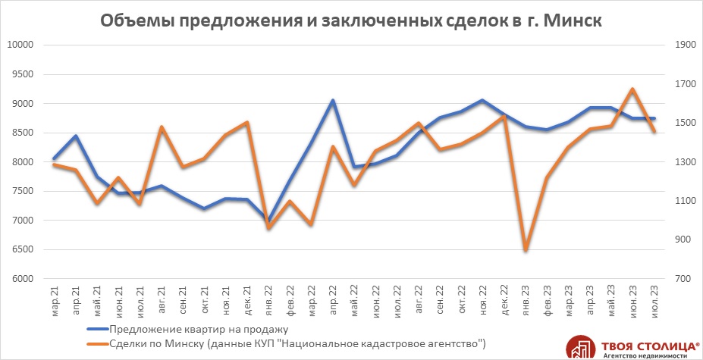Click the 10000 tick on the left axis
pos(21,45)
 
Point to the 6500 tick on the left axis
pos(24,249)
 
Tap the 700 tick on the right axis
pos(683,279)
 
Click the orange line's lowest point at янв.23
pos(526,250)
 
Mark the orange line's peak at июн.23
pos(632,89)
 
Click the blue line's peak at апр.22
pos(333,100)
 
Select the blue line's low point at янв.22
pos(268,221)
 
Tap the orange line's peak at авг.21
pos(162,127)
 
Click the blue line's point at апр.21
pos(76,136)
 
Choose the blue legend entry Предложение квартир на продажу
pos(199,329)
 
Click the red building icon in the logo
pos(580,346)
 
